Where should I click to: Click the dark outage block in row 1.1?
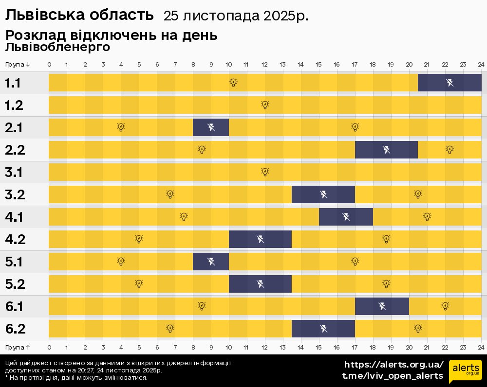[x=450, y=83]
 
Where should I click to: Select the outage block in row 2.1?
[x=211, y=127]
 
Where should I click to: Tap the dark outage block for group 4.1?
[x=346, y=217]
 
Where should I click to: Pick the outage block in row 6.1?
[x=382, y=306]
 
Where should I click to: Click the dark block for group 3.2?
[x=323, y=194]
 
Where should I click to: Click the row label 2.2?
[x=15, y=150]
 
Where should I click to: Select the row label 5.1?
[x=14, y=262]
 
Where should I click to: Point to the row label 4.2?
[x=15, y=239]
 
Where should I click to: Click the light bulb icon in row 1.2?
[x=265, y=105]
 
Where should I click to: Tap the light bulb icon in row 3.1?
[x=265, y=172]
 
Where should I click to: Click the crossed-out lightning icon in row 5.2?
[x=261, y=284]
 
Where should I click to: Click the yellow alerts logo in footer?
[x=465, y=371]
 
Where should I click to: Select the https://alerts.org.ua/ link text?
[x=393, y=365]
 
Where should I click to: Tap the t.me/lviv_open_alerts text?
[x=393, y=376]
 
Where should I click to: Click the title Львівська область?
[x=79, y=16]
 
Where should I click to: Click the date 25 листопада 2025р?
[x=236, y=16]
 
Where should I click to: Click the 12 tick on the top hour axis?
[x=264, y=65]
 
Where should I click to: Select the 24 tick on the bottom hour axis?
[x=481, y=347]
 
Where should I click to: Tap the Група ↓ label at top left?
[x=18, y=65]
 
